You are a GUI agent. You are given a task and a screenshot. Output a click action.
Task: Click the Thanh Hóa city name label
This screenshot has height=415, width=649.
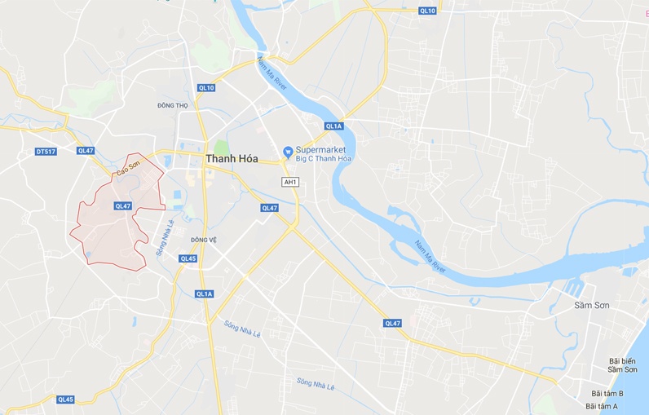232,159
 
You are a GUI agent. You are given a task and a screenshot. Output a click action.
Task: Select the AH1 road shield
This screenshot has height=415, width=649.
289,181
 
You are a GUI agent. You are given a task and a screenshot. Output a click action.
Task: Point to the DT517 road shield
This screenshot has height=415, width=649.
46,152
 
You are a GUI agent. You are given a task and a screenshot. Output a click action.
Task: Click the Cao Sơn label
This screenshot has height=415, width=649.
128,168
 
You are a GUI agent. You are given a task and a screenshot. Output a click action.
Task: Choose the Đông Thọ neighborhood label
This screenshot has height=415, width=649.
172,105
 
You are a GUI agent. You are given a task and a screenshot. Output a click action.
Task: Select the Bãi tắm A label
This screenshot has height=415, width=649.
602,406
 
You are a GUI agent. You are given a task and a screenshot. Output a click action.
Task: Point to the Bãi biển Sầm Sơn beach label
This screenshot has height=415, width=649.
622,364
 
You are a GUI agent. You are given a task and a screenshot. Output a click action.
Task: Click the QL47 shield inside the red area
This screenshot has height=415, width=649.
123,206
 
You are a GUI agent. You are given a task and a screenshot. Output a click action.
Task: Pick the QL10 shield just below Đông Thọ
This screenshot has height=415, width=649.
205,88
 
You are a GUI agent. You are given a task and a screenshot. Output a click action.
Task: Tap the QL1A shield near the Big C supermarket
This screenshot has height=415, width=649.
333,126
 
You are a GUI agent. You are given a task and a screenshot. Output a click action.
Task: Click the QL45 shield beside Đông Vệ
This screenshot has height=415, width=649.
188,258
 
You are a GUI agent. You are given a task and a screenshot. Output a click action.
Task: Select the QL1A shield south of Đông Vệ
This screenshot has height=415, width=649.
204,294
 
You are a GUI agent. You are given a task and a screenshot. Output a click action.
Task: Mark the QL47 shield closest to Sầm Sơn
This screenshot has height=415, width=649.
393,324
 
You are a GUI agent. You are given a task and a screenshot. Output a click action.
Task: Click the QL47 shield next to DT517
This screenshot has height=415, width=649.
86,151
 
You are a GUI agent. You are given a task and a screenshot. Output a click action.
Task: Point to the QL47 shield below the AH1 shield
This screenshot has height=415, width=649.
269,208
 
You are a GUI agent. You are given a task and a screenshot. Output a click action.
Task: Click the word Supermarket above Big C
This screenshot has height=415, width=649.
320,150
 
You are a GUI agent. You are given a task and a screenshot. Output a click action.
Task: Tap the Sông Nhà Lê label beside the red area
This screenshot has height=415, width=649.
166,236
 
